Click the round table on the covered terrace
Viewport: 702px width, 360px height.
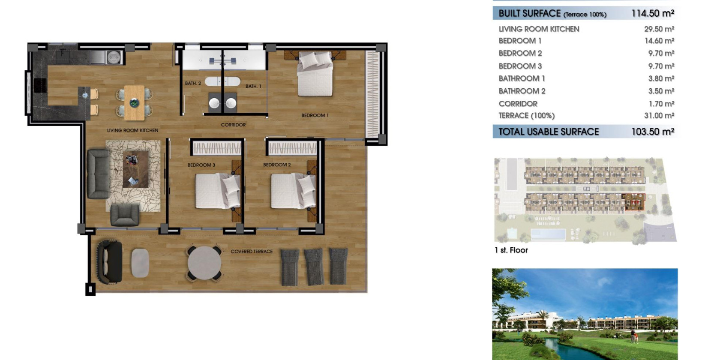(204, 263)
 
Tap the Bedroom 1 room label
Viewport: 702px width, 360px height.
(315, 115)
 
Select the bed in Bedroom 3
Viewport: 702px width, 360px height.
(218, 191)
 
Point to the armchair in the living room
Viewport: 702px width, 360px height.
(125, 215)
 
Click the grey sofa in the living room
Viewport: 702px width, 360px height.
(99, 174)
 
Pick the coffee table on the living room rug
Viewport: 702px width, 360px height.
(135, 170)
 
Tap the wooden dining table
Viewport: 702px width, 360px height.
(134, 103)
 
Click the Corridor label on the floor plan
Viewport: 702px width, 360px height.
(233, 125)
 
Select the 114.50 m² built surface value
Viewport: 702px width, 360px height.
(653, 13)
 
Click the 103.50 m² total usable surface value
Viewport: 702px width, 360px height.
(653, 132)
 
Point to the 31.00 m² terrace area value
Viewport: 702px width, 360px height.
(659, 116)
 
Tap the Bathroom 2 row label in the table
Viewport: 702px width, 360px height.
(522, 91)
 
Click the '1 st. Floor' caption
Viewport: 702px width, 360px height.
(511, 250)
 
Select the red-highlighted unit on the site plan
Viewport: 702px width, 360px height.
(633, 202)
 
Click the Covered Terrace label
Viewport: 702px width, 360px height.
(252, 251)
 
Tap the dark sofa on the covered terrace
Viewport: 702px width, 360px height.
(109, 262)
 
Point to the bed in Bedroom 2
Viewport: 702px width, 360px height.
(294, 191)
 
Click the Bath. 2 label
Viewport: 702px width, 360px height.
(193, 83)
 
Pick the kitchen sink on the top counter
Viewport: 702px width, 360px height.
(98, 57)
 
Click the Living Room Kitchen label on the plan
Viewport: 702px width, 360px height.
(132, 130)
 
